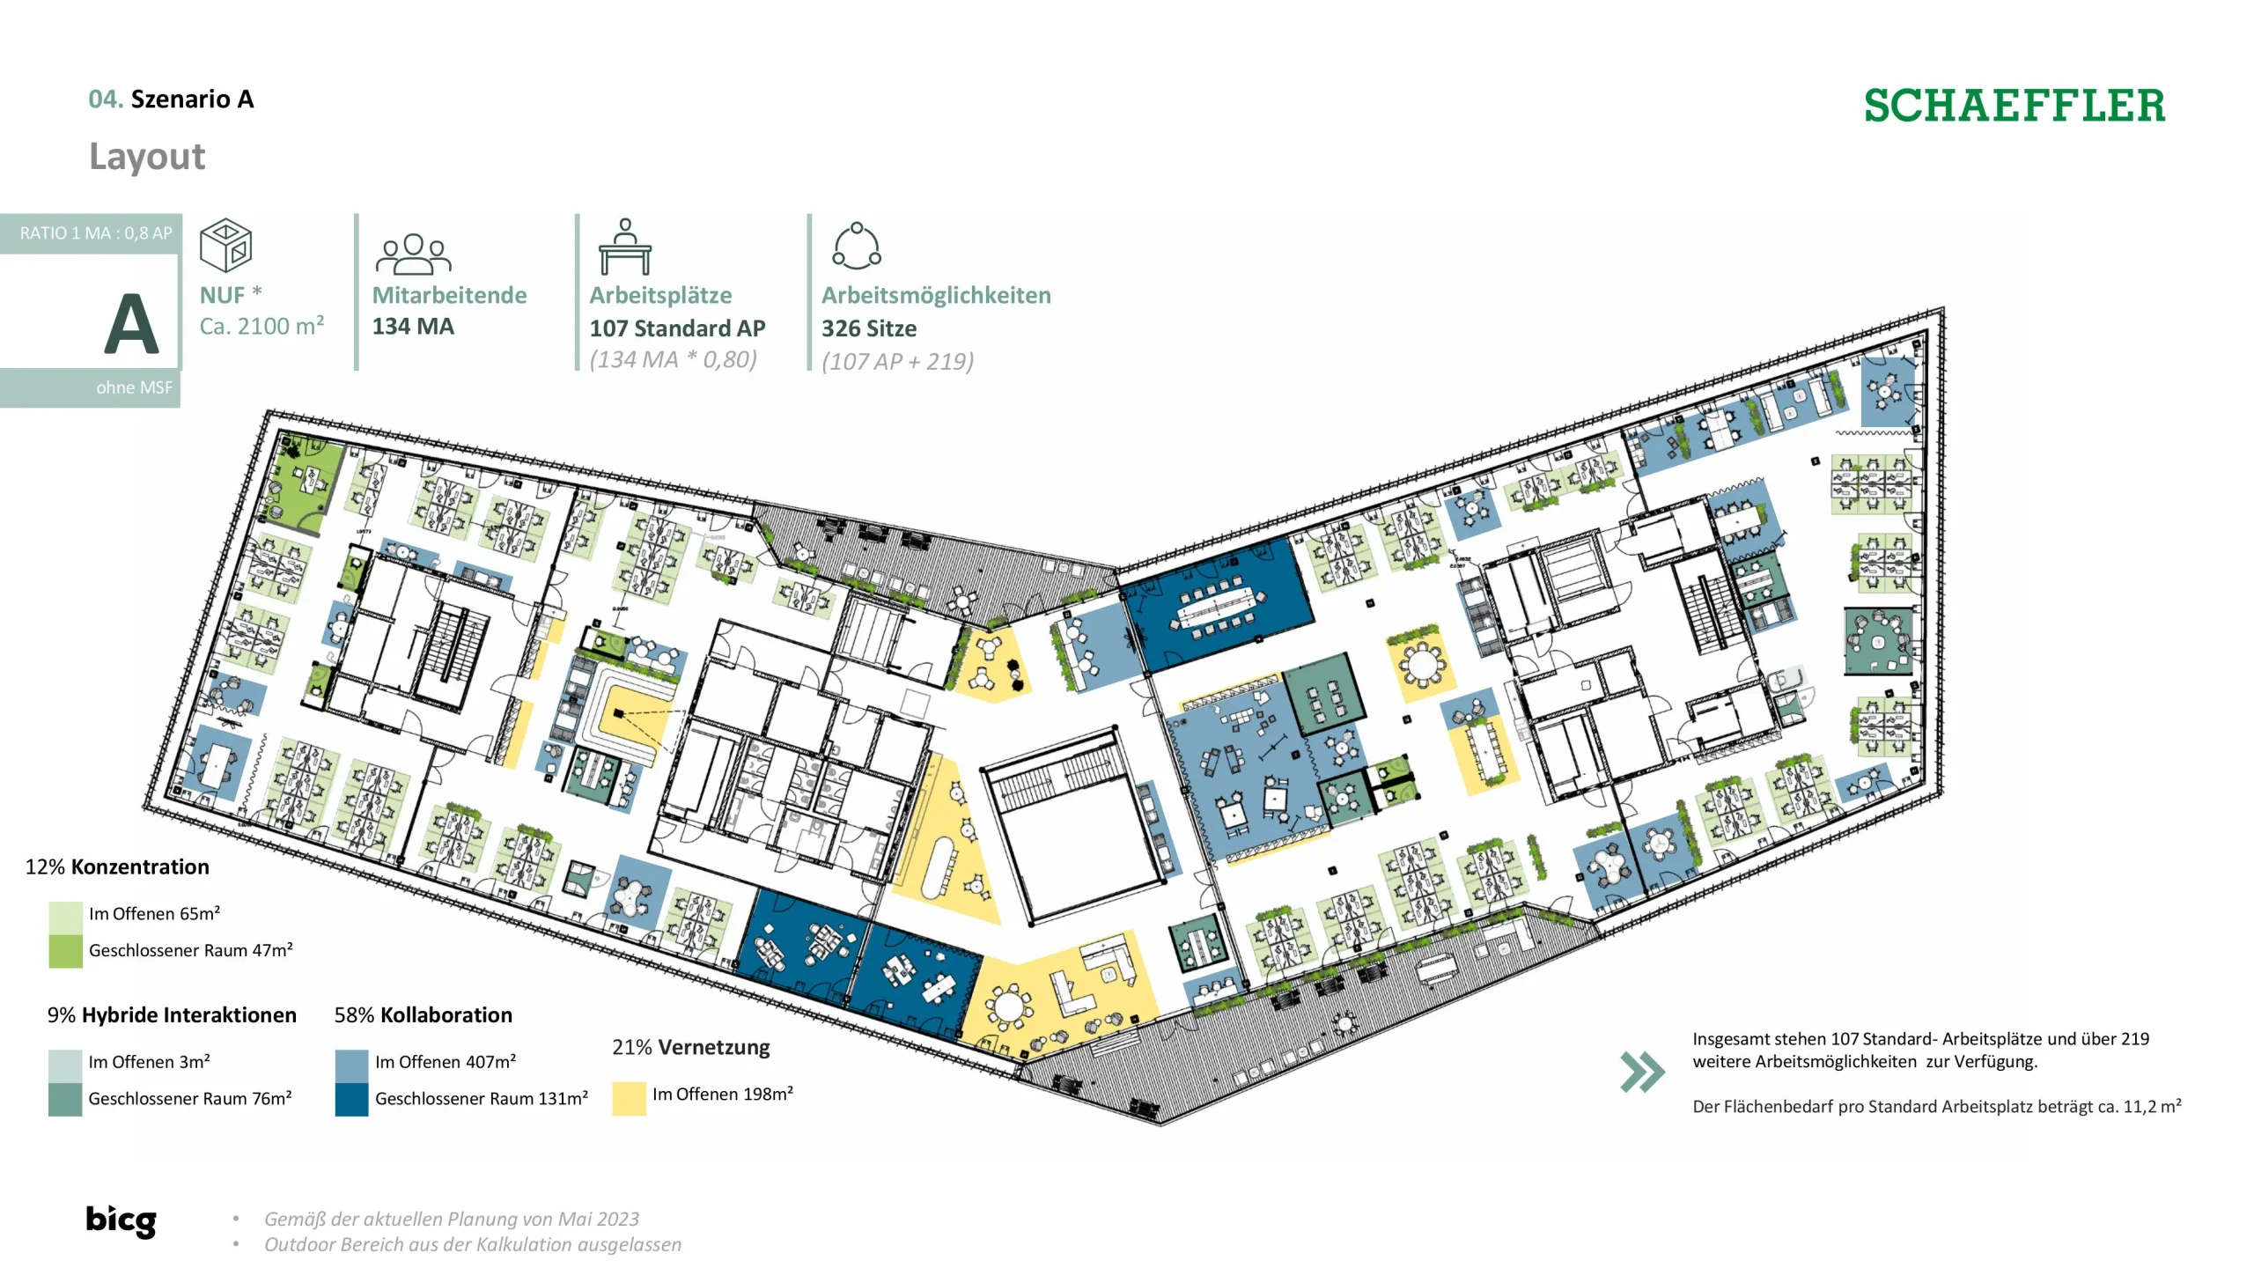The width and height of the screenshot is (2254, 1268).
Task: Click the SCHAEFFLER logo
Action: pos(2014,106)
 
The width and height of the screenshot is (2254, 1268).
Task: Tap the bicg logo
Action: pos(121,1220)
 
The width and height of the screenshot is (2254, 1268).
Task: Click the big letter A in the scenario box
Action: pos(131,323)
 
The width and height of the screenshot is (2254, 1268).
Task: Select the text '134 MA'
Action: pos(413,327)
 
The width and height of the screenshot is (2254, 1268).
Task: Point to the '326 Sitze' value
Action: pos(869,328)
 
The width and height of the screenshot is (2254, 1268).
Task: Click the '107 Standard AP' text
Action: pos(677,328)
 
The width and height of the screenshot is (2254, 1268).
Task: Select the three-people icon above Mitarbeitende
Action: pos(413,254)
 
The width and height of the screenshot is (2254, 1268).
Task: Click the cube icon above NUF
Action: pos(225,245)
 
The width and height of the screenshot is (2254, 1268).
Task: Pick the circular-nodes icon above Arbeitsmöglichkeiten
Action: pos(857,246)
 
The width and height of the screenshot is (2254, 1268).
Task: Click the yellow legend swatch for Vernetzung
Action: pos(629,1098)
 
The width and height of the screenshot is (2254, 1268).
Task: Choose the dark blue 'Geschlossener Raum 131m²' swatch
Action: pos(351,1099)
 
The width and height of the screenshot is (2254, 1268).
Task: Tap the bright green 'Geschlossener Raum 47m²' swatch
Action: pos(65,951)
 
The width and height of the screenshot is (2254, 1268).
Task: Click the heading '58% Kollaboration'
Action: pos(423,1015)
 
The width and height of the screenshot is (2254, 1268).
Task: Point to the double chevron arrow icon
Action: pos(1642,1072)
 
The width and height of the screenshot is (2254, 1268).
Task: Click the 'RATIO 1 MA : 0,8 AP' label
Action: pos(96,233)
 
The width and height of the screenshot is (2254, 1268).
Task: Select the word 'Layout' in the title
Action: pos(147,157)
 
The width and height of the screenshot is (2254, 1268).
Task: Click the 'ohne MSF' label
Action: pos(134,387)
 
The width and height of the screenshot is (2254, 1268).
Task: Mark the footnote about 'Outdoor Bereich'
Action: pos(473,1244)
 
